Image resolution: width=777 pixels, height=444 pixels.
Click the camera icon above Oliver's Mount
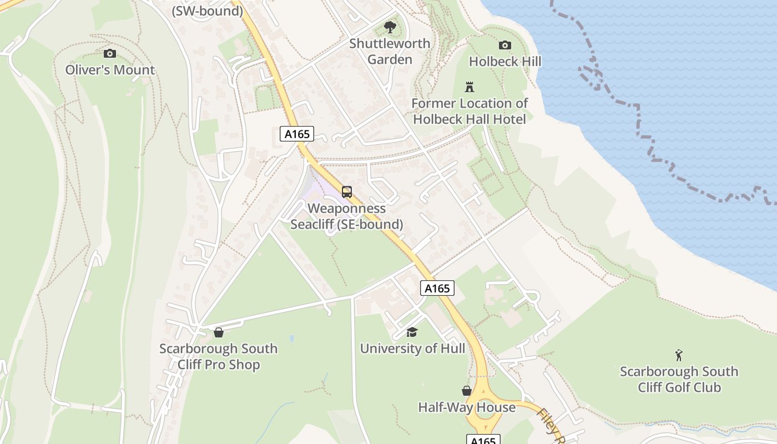coord(110,53)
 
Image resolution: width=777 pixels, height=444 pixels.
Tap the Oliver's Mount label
coord(110,70)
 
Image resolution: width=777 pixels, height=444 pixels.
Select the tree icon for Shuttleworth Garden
coord(390,27)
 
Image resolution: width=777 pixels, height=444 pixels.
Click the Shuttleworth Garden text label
coord(390,51)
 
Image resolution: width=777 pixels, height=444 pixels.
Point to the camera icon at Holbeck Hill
coord(504,45)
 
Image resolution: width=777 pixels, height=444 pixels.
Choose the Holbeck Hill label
coord(504,61)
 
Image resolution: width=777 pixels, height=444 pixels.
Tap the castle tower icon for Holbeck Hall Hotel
coord(470,87)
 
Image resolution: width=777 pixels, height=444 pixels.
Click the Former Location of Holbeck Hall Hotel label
coord(470,111)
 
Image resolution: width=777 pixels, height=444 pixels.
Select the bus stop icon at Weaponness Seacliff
coord(347,192)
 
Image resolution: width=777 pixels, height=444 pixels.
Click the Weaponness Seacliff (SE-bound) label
coord(347,216)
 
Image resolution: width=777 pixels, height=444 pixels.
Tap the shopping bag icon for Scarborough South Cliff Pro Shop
coord(219,332)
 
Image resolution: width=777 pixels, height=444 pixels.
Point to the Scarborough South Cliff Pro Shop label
coord(219,356)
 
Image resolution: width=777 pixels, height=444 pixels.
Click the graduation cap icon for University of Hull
coord(412,332)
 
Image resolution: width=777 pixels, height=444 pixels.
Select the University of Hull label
coord(412,349)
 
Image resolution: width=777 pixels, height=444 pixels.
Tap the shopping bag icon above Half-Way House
coord(467,391)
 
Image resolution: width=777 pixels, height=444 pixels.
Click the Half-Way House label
coord(467,407)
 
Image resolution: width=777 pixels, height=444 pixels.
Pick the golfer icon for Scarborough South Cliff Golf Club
coord(679,355)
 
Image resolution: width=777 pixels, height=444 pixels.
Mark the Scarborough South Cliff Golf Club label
coord(679,379)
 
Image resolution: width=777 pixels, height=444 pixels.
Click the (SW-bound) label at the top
coord(208,11)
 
